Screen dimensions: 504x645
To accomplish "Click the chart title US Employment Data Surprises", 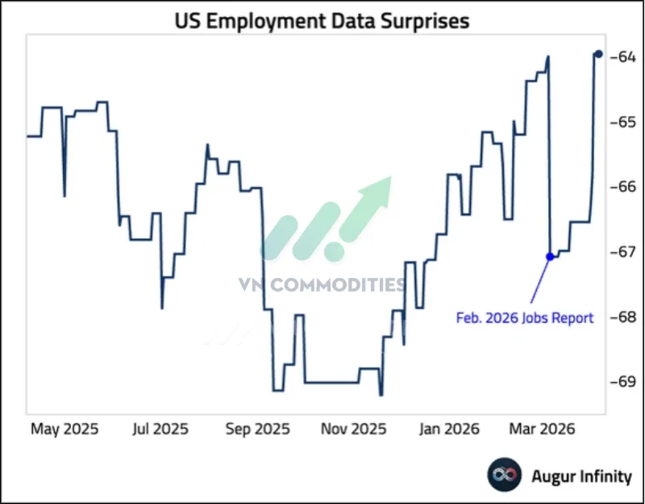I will click(322, 21).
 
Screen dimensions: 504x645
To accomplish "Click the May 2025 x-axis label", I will click(64, 428).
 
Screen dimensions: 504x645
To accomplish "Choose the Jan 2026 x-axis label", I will click(449, 428).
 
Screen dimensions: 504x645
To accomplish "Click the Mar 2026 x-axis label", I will click(542, 428).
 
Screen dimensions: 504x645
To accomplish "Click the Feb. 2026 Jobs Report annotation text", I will click(525, 318).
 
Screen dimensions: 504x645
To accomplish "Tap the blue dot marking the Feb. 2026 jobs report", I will click(551, 256).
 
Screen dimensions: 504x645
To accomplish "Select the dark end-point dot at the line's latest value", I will click(598, 54).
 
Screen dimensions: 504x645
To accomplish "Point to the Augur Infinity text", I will click(581, 477).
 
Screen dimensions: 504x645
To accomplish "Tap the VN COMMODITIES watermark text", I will click(322, 284).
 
